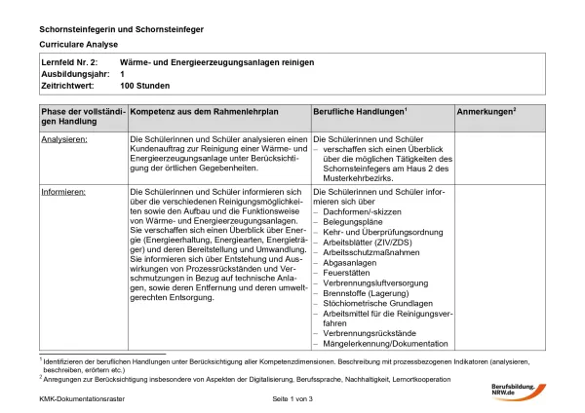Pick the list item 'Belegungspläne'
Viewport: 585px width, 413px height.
[x=352, y=222]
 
